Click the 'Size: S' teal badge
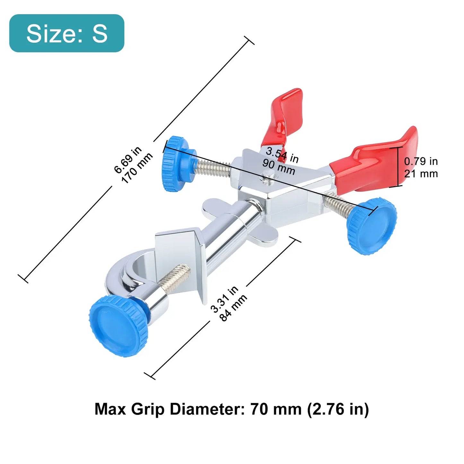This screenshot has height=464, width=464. click(x=67, y=33)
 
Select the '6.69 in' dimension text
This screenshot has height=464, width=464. click(x=127, y=160)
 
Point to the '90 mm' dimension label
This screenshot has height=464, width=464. click(x=279, y=167)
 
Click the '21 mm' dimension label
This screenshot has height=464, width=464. click(x=421, y=174)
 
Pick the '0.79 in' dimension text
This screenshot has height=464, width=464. click(x=421, y=161)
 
